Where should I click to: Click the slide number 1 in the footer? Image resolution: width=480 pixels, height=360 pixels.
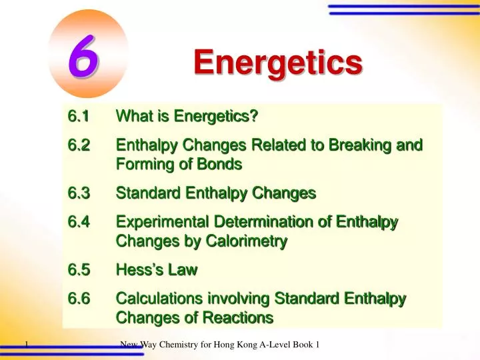(25, 345)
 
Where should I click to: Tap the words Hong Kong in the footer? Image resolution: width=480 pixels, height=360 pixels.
(239, 345)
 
